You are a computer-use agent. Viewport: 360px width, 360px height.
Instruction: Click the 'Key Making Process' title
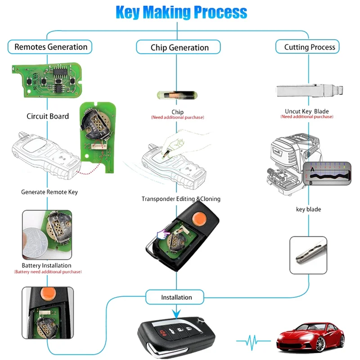[181, 12]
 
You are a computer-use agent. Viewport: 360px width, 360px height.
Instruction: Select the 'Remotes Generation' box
[51, 47]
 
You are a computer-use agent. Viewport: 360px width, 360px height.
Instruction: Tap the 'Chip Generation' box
[180, 47]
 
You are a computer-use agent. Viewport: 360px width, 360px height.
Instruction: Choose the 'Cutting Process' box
[309, 47]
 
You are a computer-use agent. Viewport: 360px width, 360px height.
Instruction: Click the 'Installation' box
[176, 297]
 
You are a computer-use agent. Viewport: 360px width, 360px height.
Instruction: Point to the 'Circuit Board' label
[48, 116]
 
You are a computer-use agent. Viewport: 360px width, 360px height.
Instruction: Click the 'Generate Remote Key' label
[49, 192]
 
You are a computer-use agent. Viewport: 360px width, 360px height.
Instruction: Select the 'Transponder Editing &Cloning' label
[181, 199]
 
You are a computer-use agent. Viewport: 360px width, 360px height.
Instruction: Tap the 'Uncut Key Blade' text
[306, 111]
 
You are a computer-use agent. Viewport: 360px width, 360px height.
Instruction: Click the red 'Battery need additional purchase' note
[48, 272]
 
